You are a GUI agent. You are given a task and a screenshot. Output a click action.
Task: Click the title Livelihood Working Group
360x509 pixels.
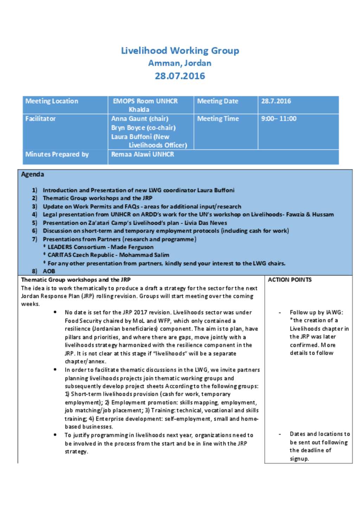coord(180,51)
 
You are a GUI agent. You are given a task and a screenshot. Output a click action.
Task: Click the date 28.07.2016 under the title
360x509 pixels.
coord(180,76)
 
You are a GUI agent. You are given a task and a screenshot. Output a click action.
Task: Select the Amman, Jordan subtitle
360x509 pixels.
coord(180,63)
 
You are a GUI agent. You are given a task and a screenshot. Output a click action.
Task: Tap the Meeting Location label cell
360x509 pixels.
coord(52,101)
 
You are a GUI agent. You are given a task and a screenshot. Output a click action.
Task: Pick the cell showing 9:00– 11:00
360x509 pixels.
coord(279,119)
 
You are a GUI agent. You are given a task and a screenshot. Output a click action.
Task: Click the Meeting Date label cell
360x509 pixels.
coord(218,101)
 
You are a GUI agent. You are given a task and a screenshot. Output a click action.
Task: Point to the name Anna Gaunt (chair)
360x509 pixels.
coord(140,119)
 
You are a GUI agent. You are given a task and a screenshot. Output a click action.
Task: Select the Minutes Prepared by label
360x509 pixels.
coord(57,154)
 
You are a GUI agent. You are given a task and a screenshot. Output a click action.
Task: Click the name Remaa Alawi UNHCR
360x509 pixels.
coord(142,154)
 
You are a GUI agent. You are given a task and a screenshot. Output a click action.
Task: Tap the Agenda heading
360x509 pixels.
coord(33,174)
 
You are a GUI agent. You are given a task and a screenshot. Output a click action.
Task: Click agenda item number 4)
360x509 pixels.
coord(34,214)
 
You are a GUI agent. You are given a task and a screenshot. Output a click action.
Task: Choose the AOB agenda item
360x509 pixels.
coord(49,271)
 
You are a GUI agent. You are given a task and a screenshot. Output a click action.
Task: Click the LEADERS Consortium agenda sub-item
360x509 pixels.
coord(101,247)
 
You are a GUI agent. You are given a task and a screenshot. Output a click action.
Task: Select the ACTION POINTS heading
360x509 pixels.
coord(290,280)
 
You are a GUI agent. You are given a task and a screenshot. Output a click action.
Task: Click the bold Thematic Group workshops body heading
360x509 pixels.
coord(76,280)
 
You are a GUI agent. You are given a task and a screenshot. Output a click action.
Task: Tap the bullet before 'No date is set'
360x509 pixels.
coord(55,312)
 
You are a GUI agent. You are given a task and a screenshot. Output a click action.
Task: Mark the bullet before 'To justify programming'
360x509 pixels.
coord(55,435)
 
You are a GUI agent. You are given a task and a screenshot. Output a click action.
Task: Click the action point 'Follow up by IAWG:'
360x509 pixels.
coord(316,312)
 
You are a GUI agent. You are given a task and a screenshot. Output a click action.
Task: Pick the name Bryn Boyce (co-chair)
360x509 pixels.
coord(143,128)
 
